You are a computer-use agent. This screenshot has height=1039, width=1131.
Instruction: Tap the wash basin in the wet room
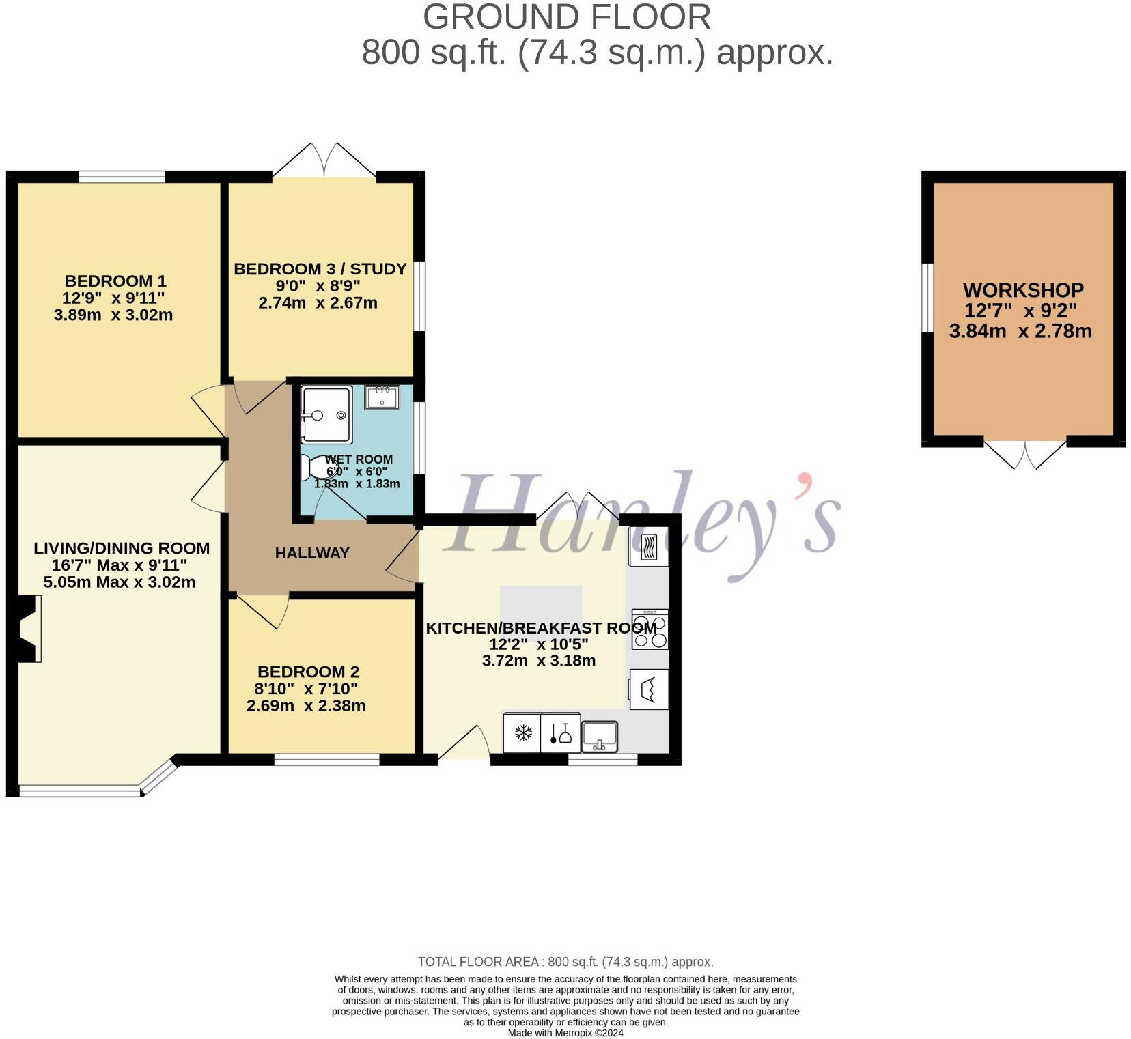tap(382, 397)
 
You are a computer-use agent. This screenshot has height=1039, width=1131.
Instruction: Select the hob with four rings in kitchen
tap(650, 629)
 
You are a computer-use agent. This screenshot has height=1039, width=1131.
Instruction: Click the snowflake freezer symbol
tap(522, 733)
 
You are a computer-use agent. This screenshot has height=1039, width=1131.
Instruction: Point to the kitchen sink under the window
tap(600, 737)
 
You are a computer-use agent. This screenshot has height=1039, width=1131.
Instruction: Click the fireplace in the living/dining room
tap(27, 628)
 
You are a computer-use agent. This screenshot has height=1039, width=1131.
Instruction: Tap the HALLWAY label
tap(312, 553)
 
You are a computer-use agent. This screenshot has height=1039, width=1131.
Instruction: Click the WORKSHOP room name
tap(1022, 290)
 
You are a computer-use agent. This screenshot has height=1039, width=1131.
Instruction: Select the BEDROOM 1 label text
tap(115, 281)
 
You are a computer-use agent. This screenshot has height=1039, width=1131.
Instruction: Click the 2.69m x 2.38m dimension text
tap(306, 706)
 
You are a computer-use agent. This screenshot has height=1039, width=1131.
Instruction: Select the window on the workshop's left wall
tap(927, 298)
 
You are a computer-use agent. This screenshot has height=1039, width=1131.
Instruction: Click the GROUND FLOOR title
tap(566, 17)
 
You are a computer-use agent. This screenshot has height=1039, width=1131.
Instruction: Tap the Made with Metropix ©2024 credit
tap(565, 1033)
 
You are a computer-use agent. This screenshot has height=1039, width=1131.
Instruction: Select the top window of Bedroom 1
tap(122, 177)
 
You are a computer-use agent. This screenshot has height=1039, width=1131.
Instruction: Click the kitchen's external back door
tap(464, 744)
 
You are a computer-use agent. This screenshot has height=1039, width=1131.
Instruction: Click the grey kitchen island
tap(541, 602)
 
